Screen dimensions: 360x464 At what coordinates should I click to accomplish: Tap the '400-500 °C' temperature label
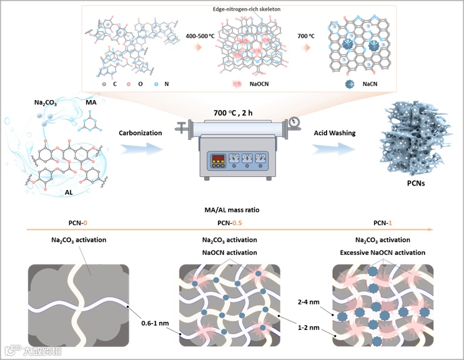point(202,36)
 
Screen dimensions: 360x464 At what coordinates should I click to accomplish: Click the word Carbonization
point(139,132)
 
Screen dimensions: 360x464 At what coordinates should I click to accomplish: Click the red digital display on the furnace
point(216,157)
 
